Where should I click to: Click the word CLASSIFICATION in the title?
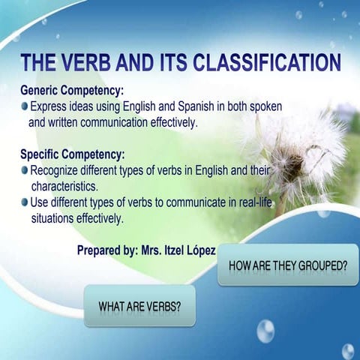point(273,62)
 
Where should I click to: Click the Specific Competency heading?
point(73,154)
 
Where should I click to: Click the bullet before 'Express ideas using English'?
point(25,107)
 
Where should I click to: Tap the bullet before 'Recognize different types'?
point(25,170)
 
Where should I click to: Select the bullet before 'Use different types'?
point(25,202)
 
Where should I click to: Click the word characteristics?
point(66,186)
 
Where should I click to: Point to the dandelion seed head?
point(300,150)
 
